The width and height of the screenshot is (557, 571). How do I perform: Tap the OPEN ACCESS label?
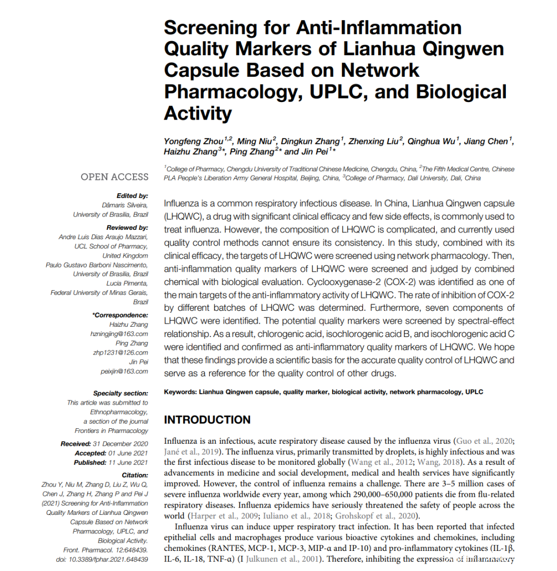click(114, 177)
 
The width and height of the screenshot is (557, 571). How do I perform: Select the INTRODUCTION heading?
click(207, 419)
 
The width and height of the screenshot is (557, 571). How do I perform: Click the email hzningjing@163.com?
click(119, 334)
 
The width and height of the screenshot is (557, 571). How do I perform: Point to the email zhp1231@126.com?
click(122, 352)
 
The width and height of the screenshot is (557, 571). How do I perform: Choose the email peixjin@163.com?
click(124, 371)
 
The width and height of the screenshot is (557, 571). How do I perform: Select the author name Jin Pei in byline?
click(315, 152)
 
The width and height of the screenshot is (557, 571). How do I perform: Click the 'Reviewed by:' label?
click(127, 227)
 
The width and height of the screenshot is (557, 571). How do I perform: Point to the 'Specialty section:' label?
click(121, 393)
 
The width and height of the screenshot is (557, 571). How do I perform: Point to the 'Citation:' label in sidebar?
click(135, 475)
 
